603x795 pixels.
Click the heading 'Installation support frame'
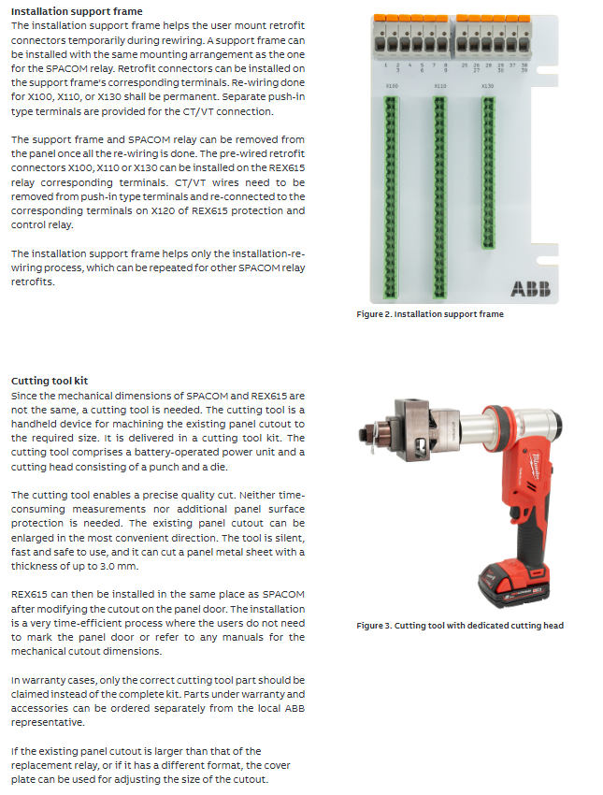click(x=64, y=11)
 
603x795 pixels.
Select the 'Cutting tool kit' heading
click(x=49, y=381)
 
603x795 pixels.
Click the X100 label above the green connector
click(x=392, y=85)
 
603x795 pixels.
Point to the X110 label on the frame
click(x=440, y=85)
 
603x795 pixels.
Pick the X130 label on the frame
click(x=487, y=85)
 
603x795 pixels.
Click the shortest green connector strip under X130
click(x=487, y=173)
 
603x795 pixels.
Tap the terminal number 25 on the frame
click(x=465, y=65)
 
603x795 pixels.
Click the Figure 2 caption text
click(x=429, y=314)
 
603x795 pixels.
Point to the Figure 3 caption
click(x=460, y=626)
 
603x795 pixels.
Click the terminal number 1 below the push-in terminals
click(x=387, y=65)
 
